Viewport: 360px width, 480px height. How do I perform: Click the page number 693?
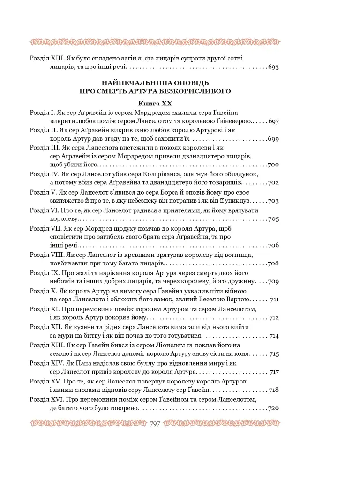[x=274, y=67]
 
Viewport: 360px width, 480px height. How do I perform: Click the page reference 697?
[x=274, y=122]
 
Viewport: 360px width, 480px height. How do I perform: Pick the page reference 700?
[x=274, y=165]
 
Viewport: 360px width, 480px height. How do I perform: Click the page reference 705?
[x=274, y=219]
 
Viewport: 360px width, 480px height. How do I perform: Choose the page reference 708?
[x=274, y=263]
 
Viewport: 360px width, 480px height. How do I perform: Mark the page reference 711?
[x=275, y=299]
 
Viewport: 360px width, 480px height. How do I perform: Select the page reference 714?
[x=275, y=336]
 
